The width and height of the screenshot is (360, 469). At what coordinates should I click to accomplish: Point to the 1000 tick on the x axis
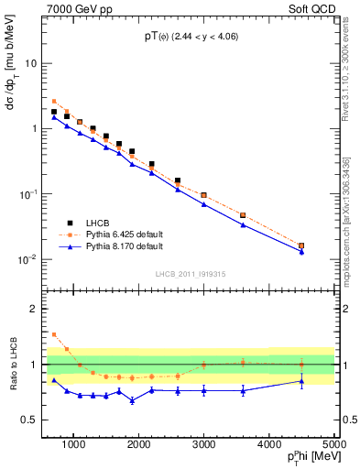pos(73,444)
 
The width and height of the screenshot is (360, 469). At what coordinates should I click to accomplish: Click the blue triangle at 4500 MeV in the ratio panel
pos(301,382)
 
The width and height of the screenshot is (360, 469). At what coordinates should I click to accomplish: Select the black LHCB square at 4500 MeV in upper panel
pos(301,245)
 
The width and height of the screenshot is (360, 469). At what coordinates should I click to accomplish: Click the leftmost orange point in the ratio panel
pos(54,334)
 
